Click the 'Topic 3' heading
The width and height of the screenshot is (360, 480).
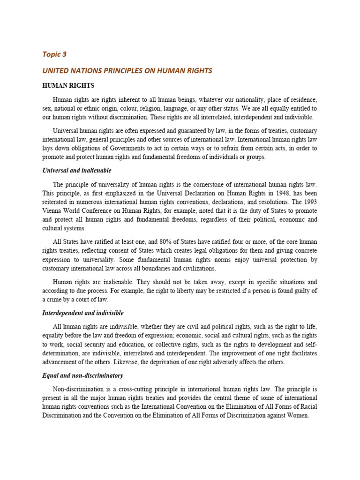tap(54, 54)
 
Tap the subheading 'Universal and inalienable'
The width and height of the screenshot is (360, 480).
tap(77, 170)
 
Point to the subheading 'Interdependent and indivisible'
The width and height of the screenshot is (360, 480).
tap(83, 313)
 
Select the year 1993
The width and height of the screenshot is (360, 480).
tap(311, 202)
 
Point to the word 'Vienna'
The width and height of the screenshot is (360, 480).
tap(52, 210)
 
